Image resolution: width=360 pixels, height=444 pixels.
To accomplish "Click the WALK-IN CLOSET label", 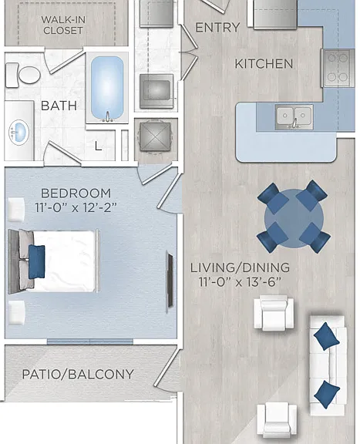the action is coord(63,25).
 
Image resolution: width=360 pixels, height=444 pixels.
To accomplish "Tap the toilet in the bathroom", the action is coord(23,75).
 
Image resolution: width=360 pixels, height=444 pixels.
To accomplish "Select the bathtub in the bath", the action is coord(107,88).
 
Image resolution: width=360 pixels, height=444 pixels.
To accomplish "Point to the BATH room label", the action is coord(59,106).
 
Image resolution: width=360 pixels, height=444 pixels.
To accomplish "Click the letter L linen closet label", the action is coord(98,146).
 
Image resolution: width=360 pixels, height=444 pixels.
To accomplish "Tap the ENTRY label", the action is coord(217,28).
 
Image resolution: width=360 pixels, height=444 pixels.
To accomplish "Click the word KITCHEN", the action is coord(264,64).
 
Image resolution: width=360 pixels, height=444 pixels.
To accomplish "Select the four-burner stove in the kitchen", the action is coord(338,68).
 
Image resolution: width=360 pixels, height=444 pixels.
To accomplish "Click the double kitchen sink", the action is coord(294,116).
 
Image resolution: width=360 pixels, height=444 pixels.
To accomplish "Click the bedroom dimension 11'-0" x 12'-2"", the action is coord(76,208).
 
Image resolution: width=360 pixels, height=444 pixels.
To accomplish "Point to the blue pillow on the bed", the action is coord(36,261).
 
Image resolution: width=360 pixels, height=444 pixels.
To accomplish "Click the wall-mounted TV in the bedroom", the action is coord(170,281).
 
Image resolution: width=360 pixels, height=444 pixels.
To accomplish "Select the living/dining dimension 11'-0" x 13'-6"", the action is coord(240,282).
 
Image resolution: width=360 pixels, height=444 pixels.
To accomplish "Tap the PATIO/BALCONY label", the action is coord(78,375).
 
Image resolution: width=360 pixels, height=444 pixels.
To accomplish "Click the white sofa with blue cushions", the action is coord(328,365).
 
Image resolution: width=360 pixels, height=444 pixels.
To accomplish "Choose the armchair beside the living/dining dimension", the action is coord(274,313).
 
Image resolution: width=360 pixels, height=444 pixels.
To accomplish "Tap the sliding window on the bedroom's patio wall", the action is coord(90,341).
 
